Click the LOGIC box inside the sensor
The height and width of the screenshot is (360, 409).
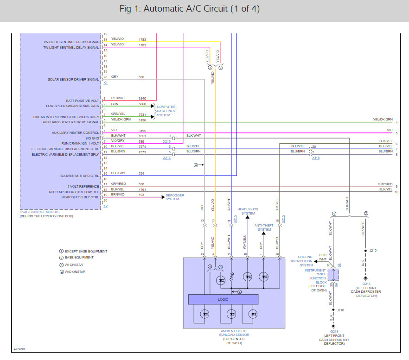[223, 299]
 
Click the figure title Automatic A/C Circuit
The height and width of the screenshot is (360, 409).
[204, 9]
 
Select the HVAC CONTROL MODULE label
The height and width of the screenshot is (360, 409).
[39, 212]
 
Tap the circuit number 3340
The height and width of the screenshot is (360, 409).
[142, 98]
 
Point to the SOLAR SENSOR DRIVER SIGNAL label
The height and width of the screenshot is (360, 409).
[73, 79]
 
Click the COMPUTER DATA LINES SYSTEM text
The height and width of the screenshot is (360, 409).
[166, 111]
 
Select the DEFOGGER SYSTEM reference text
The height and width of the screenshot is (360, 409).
[175, 197]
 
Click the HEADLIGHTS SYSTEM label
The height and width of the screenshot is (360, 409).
[248, 211]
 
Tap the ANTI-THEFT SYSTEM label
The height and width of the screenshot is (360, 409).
[264, 227]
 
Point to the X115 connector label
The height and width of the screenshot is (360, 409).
[316, 158]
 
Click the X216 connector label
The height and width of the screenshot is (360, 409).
[166, 158]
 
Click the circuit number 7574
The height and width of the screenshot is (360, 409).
[142, 146]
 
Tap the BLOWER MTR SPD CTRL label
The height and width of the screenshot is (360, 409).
[79, 176]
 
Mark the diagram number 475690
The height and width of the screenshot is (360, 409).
[19, 348]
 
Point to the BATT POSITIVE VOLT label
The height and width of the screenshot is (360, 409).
[82, 101]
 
